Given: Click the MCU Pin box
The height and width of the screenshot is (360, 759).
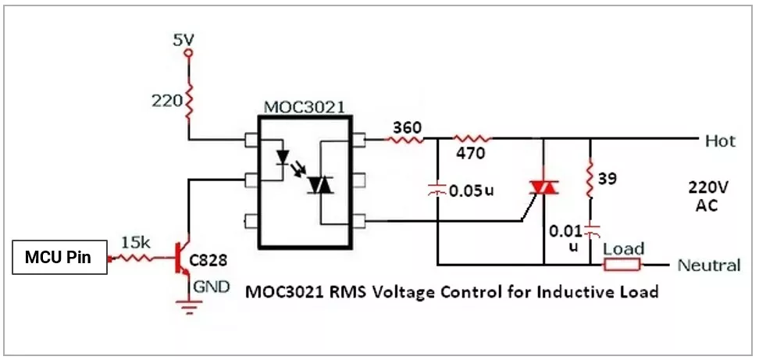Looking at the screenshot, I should (x=59, y=258).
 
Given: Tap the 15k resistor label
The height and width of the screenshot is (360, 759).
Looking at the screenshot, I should (x=136, y=243).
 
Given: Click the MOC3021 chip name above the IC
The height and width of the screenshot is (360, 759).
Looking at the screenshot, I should (x=303, y=106).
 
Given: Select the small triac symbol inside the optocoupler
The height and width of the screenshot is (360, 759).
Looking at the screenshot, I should (x=321, y=185).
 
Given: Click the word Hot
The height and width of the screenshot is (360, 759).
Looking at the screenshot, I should (x=720, y=141).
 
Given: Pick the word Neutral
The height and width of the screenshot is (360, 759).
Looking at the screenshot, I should (x=708, y=265).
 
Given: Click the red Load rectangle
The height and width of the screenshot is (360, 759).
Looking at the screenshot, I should (x=622, y=264).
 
